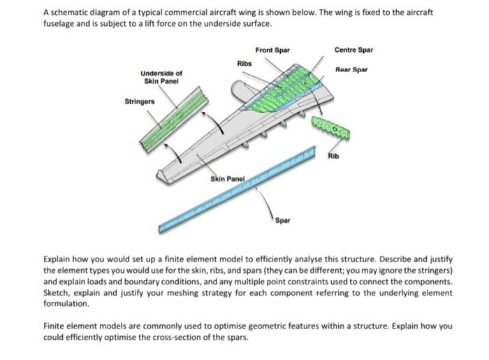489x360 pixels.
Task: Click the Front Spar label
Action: [272, 50]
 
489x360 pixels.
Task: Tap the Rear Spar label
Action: [351, 69]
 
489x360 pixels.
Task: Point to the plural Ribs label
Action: [245, 64]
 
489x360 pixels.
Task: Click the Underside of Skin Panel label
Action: [162, 76]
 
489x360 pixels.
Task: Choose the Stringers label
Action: [140, 102]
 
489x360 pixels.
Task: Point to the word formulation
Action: [66, 305]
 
